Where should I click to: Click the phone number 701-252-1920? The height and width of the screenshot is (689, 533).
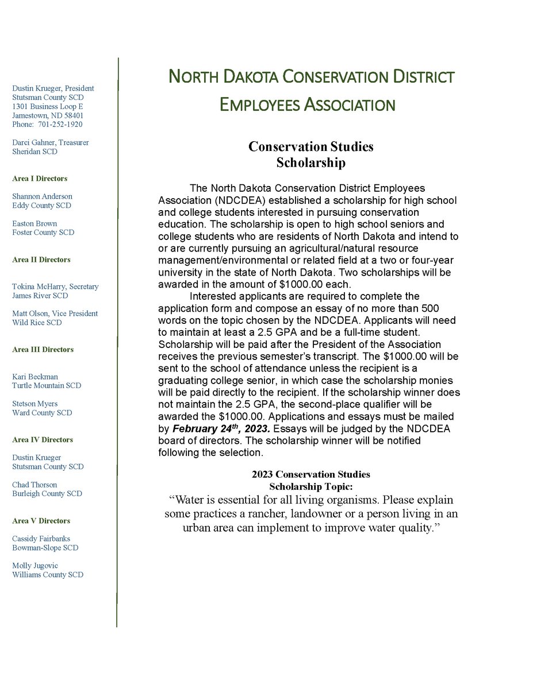pos(60,124)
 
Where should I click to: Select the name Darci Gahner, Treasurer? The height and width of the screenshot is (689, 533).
pos(51,142)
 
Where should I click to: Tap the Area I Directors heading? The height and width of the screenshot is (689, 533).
pos(40,179)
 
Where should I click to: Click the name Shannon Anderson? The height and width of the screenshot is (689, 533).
pos(42,196)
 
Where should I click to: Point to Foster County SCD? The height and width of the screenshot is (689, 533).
pos(43,233)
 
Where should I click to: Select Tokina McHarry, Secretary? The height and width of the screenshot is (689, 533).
pos(55,287)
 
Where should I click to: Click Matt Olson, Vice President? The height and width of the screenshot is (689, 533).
pos(55,313)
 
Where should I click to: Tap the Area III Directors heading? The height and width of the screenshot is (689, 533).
pos(43,350)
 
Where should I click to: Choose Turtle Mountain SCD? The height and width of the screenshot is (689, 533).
pos(47,385)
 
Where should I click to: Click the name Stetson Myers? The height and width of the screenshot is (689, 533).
pos(35,404)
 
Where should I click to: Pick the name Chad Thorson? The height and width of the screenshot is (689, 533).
pos(34,485)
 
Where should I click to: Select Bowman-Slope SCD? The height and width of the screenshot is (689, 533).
pos(45,548)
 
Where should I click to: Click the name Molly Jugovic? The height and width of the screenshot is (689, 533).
pos(35,566)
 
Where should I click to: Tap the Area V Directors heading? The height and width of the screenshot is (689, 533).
pos(41,521)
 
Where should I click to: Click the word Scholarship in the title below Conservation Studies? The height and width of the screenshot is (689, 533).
pos(310,162)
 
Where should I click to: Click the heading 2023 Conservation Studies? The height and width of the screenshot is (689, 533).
pos(310,474)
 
